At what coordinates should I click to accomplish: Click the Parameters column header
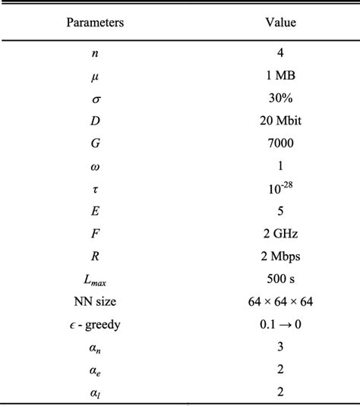tap(95, 23)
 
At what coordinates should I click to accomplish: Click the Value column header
tap(280, 23)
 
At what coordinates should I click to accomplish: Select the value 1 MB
tap(280, 77)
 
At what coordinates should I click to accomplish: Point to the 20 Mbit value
tap(280, 120)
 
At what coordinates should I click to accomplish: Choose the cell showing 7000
tap(280, 141)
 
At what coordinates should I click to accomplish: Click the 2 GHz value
tap(280, 225)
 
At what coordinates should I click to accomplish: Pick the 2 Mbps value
tap(280, 246)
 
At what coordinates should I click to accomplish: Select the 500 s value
tap(280, 267)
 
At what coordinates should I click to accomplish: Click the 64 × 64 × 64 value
tap(280, 288)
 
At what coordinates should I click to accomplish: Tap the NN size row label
tap(95, 288)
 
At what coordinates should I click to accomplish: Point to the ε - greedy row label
tap(95, 310)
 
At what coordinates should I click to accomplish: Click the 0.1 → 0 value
tap(280, 310)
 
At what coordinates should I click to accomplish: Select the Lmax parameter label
tap(95, 268)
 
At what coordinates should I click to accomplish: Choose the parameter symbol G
tap(95, 141)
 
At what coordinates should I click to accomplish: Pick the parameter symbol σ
tap(95, 99)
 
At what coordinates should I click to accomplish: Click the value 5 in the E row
tap(280, 203)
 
